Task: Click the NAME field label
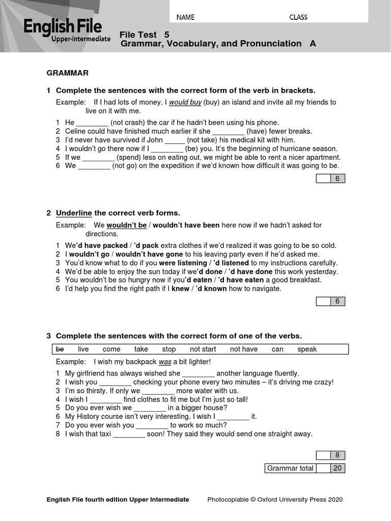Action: click(x=185, y=17)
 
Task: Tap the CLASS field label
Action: click(x=298, y=17)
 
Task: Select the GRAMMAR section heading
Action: click(x=68, y=73)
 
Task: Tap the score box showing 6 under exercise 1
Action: click(x=337, y=179)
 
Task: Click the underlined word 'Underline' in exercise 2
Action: click(x=74, y=213)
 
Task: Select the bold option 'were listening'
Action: click(x=182, y=263)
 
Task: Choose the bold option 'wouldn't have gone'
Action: click(x=151, y=254)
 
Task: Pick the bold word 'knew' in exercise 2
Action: click(x=180, y=289)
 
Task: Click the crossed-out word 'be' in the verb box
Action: click(x=60, y=349)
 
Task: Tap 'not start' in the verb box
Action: click(x=203, y=349)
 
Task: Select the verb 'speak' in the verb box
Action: click(x=307, y=349)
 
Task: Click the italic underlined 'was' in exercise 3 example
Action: click(x=165, y=362)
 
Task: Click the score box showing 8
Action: click(x=337, y=455)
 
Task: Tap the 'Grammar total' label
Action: click(x=290, y=468)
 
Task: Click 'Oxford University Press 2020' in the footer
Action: click(x=300, y=500)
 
